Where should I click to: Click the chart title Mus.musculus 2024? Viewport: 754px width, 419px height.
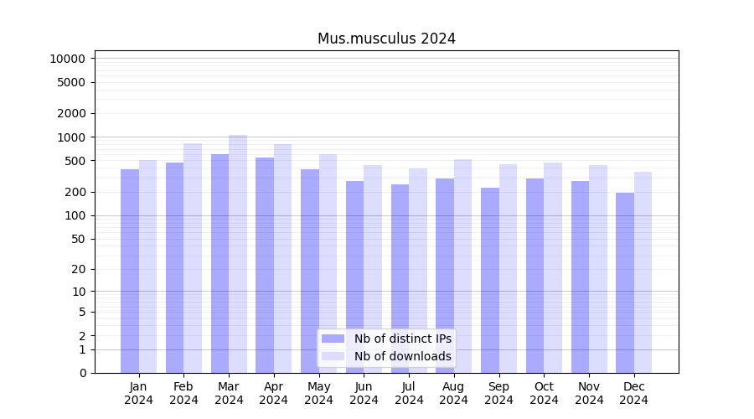click(386, 39)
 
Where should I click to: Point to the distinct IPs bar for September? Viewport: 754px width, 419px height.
click(490, 280)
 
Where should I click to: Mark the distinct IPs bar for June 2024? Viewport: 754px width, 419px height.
click(355, 277)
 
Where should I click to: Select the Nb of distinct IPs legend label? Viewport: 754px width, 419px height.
click(403, 339)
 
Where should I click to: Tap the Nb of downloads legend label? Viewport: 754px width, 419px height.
click(403, 356)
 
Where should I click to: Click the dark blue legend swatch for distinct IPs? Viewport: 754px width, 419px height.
click(333, 339)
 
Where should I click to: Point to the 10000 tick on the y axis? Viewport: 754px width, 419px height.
click(67, 59)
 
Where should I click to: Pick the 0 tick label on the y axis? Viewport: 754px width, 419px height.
click(82, 373)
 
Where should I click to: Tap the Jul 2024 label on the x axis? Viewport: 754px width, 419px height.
click(409, 393)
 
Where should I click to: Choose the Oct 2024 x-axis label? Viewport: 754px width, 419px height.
click(544, 393)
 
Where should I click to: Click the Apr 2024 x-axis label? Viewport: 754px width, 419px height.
click(274, 393)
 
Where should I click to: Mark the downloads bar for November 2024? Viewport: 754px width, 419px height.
click(598, 269)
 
